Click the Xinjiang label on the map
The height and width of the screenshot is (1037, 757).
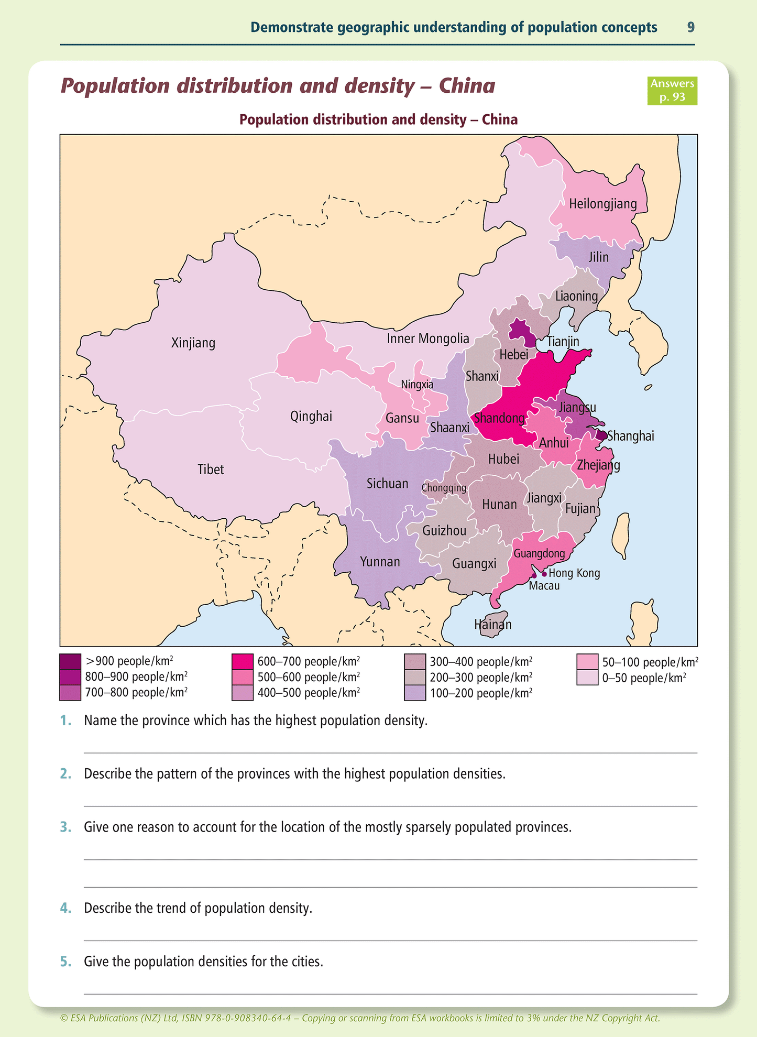(193, 343)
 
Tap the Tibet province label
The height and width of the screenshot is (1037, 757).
(211, 470)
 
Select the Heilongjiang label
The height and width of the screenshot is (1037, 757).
(603, 204)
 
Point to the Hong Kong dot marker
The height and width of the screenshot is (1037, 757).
(544, 574)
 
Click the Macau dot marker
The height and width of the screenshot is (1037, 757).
(534, 575)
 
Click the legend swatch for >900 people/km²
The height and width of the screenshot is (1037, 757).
(70, 661)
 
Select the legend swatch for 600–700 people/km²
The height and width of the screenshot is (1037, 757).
(242, 661)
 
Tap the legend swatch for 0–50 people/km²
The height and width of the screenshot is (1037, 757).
(587, 678)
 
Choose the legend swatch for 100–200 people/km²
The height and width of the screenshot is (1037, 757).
(415, 693)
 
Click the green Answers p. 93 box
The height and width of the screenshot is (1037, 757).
(672, 91)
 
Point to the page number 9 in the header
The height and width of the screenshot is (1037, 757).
(691, 27)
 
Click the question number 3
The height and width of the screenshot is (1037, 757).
(65, 827)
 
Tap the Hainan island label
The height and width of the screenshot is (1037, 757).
(492, 625)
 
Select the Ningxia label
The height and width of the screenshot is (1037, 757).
(417, 385)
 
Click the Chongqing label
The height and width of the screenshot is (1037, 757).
(444, 488)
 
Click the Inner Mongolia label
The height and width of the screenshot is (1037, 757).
(428, 339)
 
